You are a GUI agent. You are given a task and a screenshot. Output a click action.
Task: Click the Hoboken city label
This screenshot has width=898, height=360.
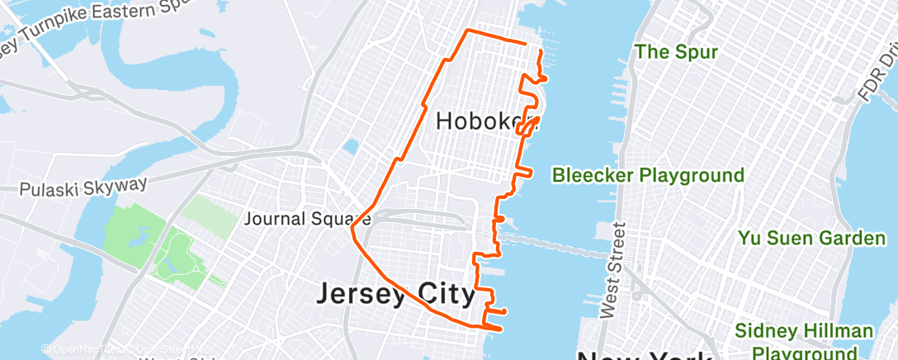click(x=480, y=122)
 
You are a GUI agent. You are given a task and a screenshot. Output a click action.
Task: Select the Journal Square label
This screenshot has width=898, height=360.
click(x=307, y=220)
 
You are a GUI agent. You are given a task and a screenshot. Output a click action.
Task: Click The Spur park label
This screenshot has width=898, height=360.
click(x=676, y=53)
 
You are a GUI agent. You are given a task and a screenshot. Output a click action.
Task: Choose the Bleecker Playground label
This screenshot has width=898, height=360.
click(x=648, y=175)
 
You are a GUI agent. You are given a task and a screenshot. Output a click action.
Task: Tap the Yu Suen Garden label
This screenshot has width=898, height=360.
click(x=811, y=239)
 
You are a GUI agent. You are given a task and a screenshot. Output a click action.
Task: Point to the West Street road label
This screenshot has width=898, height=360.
click(x=612, y=269)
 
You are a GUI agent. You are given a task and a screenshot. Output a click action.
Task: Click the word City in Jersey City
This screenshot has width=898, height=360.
click(x=445, y=294)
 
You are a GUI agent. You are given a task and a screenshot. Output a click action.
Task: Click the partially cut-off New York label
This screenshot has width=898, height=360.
click(x=644, y=355)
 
